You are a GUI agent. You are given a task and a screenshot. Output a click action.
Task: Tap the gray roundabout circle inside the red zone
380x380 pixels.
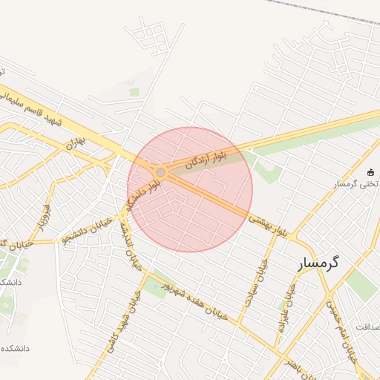coord(160,172)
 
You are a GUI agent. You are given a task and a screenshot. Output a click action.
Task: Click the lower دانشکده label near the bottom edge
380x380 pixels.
coord(15,347)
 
